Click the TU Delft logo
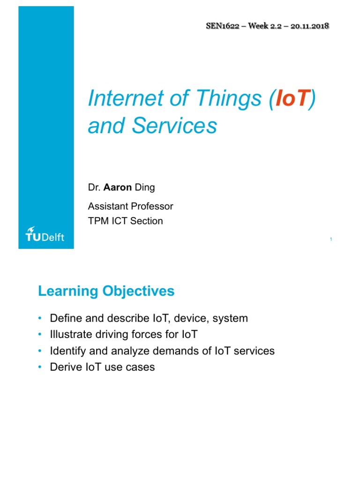coord(45,235)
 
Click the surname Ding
coord(145,187)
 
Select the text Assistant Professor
coord(131,206)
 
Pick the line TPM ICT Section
coord(126,221)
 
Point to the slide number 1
coord(331,240)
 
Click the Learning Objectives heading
coord(106,291)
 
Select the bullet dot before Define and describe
coord(40,319)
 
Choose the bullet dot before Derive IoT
coord(40,367)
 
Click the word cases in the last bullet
coord(141,367)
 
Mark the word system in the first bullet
coord(230,319)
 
